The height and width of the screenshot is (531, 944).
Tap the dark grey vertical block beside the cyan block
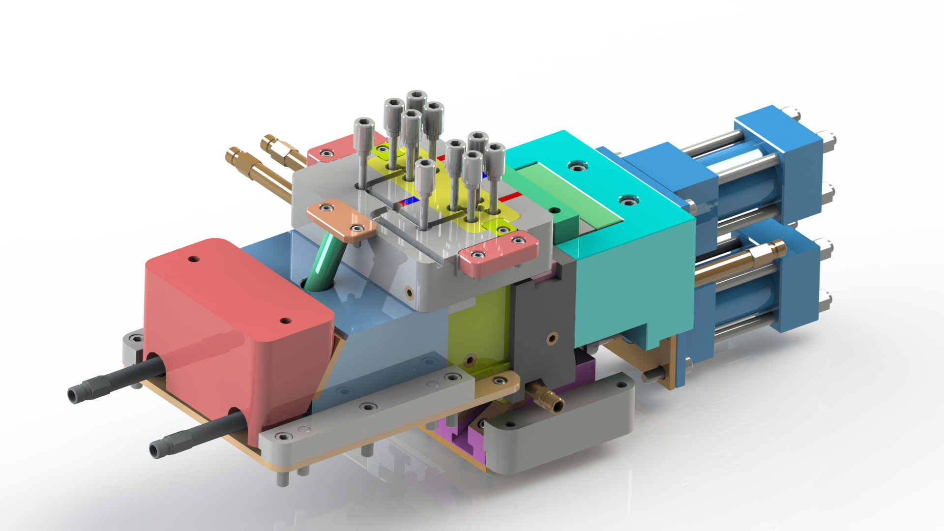point(541,324)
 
